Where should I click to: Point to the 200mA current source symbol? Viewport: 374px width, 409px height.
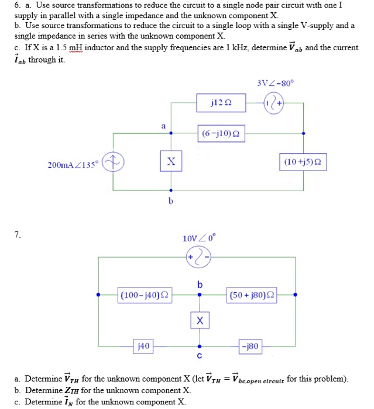pos(112,161)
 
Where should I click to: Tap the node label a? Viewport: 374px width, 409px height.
pos(164,124)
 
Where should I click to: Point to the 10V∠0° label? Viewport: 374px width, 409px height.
pos(200,238)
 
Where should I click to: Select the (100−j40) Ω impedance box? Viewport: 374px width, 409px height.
pos(143,294)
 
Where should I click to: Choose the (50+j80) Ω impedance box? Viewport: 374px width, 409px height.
pos(252,294)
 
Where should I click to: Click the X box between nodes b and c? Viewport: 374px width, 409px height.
pos(200,321)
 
